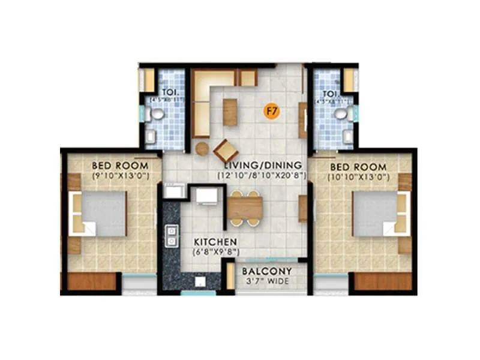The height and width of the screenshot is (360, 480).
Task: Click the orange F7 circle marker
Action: pos(272,110)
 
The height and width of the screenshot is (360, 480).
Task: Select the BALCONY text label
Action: pos(267,271)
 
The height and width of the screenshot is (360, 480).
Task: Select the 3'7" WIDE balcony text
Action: pos(266,281)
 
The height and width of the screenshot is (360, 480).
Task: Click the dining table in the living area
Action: pos(244,208)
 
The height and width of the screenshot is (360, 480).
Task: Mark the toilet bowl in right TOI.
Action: pos(341,113)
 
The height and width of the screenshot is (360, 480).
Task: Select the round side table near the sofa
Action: pos(202,148)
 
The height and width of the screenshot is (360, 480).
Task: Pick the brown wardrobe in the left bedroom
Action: pos(92,281)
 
